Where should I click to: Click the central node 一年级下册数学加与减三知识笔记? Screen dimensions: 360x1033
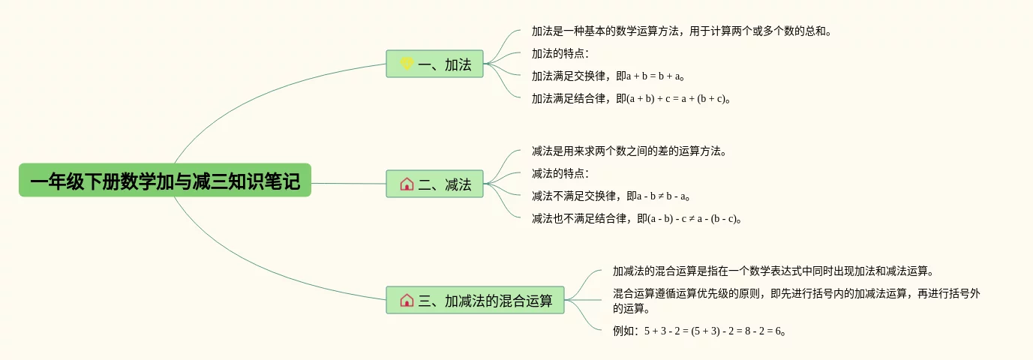pos(164,181)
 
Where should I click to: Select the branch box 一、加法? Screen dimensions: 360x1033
pos(434,64)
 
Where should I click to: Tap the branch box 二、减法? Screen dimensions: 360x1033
pos(434,184)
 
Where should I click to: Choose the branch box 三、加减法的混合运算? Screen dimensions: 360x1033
pos(475,300)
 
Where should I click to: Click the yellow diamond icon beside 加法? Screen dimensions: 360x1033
pos(407,64)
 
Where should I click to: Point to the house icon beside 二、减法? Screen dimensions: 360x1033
pos(407,184)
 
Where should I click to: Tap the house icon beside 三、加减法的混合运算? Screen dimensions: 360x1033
pos(407,300)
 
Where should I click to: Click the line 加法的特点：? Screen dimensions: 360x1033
pos(560,53)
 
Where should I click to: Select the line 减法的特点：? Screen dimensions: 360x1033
pos(560,174)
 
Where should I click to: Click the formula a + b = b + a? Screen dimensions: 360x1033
pos(655,76)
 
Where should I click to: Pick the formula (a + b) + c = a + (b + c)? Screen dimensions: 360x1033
pos(676,98)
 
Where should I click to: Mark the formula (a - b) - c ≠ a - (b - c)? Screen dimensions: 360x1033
pos(683,219)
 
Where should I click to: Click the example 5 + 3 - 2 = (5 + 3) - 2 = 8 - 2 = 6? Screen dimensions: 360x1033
pos(712,331)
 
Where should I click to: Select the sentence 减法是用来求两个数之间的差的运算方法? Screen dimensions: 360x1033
pos(629,151)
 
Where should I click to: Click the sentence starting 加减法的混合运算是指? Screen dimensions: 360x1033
pos(773,271)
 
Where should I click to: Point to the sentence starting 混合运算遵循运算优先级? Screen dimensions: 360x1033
pos(795,294)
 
